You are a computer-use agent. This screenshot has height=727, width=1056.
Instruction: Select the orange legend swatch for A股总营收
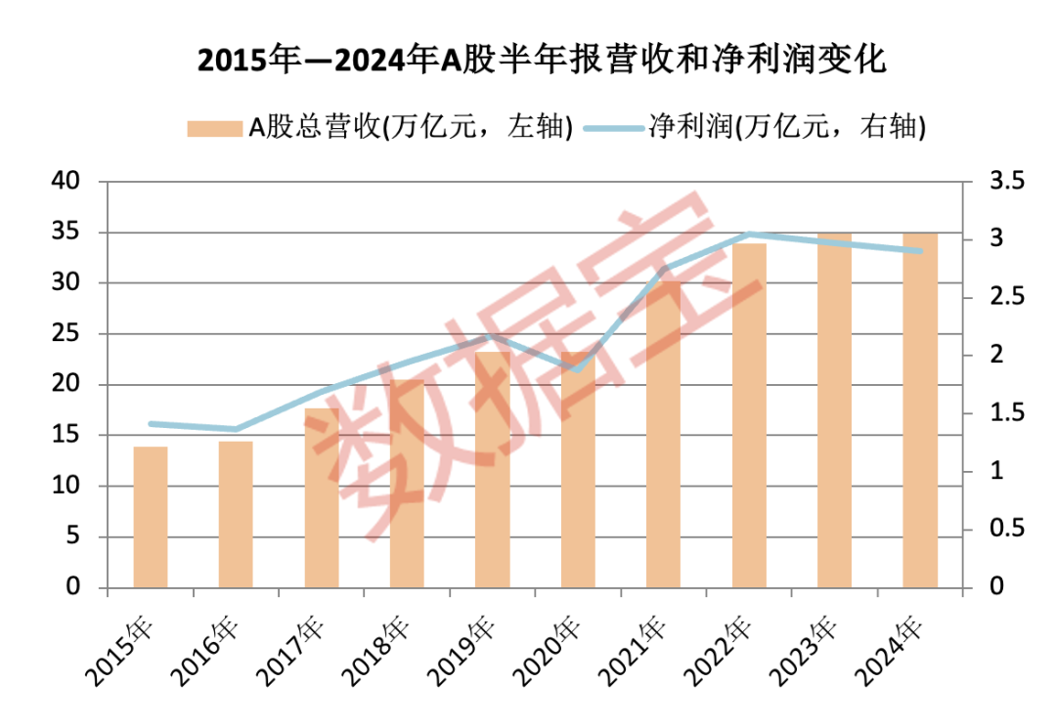pyautogui.click(x=214, y=128)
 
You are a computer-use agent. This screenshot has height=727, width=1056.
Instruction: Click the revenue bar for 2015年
pyautogui.click(x=151, y=517)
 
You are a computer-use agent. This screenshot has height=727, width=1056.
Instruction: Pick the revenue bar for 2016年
pyautogui.click(x=236, y=515)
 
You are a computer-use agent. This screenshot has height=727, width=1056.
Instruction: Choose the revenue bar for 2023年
pyautogui.click(x=834, y=410)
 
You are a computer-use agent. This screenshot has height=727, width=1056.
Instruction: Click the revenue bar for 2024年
pyautogui.click(x=919, y=410)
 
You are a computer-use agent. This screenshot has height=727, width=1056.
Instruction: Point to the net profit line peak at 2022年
pyautogui.click(x=749, y=235)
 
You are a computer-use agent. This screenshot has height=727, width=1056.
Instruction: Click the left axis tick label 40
pyautogui.click(x=68, y=182)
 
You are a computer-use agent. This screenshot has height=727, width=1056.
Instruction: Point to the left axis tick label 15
pyautogui.click(x=68, y=435)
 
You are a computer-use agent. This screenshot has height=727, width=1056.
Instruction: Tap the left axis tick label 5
pyautogui.click(x=74, y=536)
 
